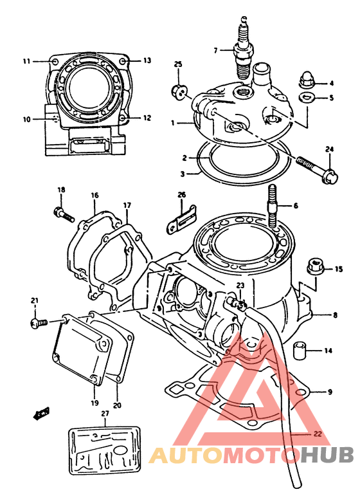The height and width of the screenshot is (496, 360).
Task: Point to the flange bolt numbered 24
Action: pos(317,169)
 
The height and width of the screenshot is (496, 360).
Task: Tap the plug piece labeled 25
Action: pos(179,91)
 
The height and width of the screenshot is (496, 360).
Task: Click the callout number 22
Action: pos(318,434)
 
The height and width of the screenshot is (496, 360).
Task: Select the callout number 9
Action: pos(330,392)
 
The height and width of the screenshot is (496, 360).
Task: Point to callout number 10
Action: pos(27,119)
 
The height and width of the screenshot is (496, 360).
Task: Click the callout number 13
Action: pos(147,60)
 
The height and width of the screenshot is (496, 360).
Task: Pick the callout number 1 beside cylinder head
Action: pos(172,123)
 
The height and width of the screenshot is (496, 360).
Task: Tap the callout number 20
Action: pos(117,405)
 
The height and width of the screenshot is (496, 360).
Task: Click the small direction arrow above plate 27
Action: pos(41,413)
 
